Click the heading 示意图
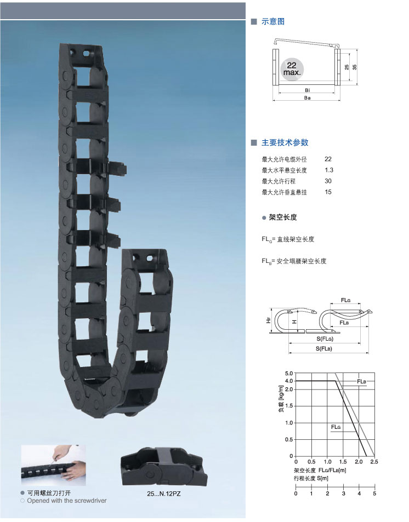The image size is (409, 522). click(272, 22)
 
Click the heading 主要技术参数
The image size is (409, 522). click(285, 142)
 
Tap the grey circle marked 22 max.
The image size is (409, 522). click(292, 69)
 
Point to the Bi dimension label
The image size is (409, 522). click(307, 90)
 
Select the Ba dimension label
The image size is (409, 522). click(307, 98)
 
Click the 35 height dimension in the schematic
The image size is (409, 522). click(355, 67)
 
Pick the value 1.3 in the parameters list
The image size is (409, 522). click(328, 170)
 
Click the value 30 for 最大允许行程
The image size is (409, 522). click(328, 181)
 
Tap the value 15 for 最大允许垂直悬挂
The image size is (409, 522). click(328, 192)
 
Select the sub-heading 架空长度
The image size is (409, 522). click(283, 217)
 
